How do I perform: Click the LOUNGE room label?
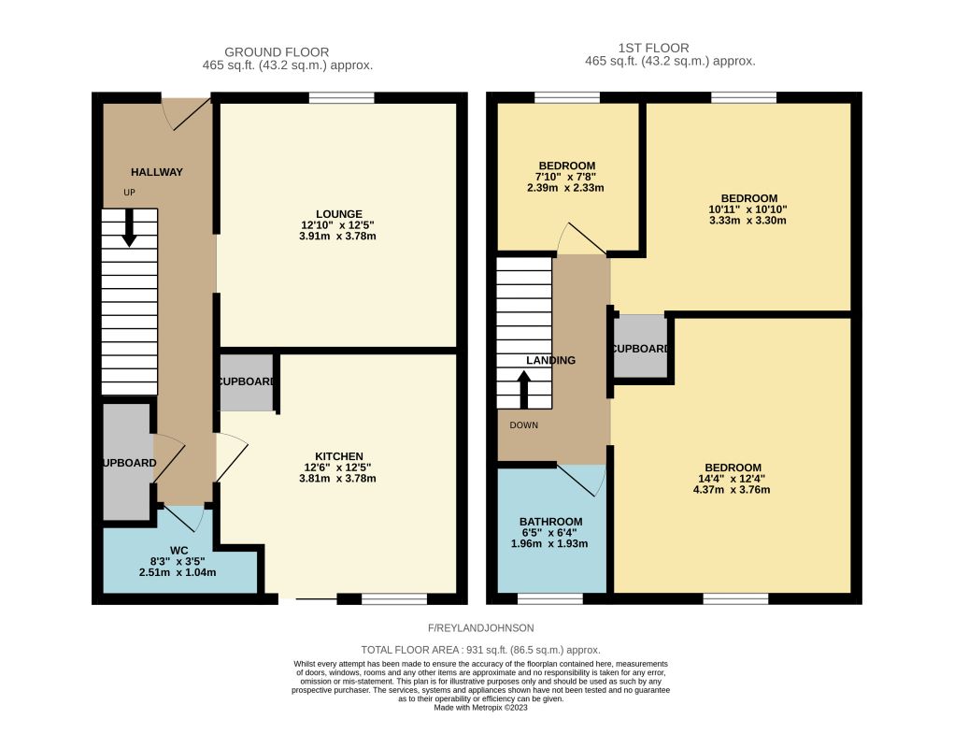point(339,214)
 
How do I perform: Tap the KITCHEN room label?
point(339,456)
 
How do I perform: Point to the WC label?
point(178,551)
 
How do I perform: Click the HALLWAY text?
point(157,172)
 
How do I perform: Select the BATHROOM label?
point(550,522)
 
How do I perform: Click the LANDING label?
point(550,360)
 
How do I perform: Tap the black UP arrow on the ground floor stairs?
point(129,228)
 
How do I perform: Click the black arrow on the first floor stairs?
point(523,390)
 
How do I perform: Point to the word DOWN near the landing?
point(524,425)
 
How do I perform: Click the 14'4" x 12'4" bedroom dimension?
point(733,479)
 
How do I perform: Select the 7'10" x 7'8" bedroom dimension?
point(566,177)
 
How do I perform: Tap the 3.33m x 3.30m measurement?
point(748,221)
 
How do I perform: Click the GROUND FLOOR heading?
point(277,52)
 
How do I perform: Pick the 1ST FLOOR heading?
point(653,48)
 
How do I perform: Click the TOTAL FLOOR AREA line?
point(480,650)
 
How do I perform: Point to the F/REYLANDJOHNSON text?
point(480,628)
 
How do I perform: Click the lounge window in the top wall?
point(341,98)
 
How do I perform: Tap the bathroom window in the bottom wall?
point(550,599)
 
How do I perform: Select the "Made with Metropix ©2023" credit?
point(480,708)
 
